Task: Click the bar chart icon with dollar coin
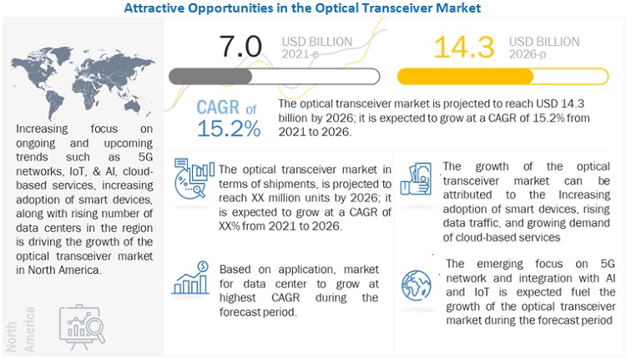coord(190,278)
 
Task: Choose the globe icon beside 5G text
coord(418,281)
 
